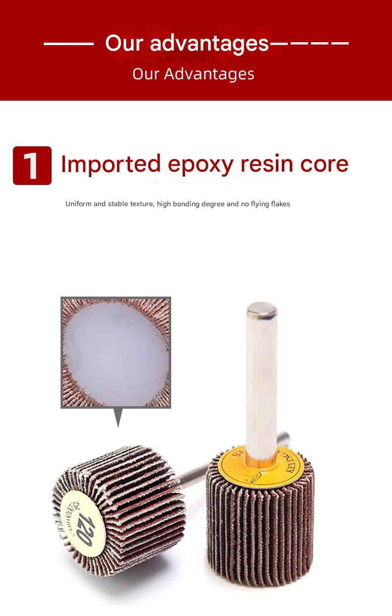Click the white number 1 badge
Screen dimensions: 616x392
[x=32, y=166]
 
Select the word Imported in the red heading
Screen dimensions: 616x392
[x=111, y=164]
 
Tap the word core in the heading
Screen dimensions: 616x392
[x=326, y=164]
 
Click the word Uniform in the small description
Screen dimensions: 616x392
[x=78, y=204]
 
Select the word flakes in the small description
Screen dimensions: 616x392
[x=280, y=204]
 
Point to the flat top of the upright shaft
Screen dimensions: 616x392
[x=261, y=310]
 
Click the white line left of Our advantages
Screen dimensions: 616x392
[x=68, y=44]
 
